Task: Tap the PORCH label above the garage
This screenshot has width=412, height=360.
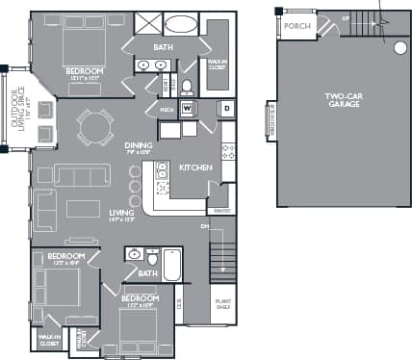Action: (297, 25)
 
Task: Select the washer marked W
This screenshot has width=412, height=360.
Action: (187, 108)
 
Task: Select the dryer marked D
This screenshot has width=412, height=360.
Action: (227, 109)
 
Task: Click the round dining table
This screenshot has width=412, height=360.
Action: (96, 126)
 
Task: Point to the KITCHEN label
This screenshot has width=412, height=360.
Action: (195, 167)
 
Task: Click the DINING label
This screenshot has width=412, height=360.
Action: (139, 146)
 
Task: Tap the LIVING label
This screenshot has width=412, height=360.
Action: (121, 214)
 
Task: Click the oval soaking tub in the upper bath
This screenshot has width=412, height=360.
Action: (182, 24)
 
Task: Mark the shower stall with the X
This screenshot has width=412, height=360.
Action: (147, 24)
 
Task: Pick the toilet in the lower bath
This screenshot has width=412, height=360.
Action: (151, 258)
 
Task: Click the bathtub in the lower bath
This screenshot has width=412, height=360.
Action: (172, 265)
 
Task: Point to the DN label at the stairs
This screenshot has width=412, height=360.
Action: (205, 227)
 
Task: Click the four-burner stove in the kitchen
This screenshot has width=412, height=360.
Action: (228, 151)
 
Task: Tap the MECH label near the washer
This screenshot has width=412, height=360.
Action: (167, 109)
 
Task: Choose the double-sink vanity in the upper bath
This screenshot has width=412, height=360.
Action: (151, 65)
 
